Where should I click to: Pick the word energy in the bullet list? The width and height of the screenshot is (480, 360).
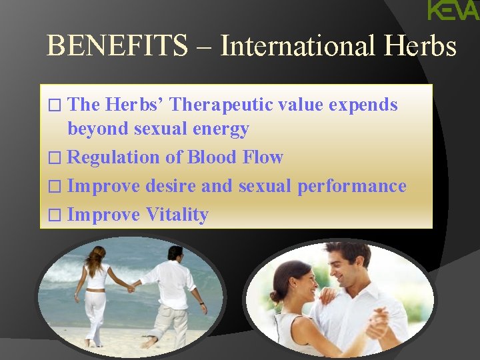point(220,129)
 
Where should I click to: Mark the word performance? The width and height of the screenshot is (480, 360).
point(351,186)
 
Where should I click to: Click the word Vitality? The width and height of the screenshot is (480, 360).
point(177,215)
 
